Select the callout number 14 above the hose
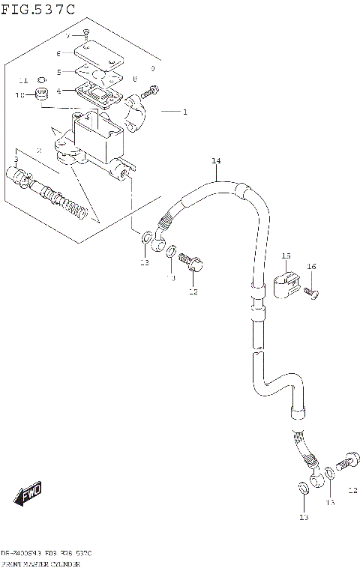(x=216, y=161)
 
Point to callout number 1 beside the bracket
(x=184, y=112)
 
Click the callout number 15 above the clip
(x=286, y=256)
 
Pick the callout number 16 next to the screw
(x=311, y=266)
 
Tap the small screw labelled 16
(x=312, y=293)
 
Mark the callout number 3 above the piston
(x=15, y=160)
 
